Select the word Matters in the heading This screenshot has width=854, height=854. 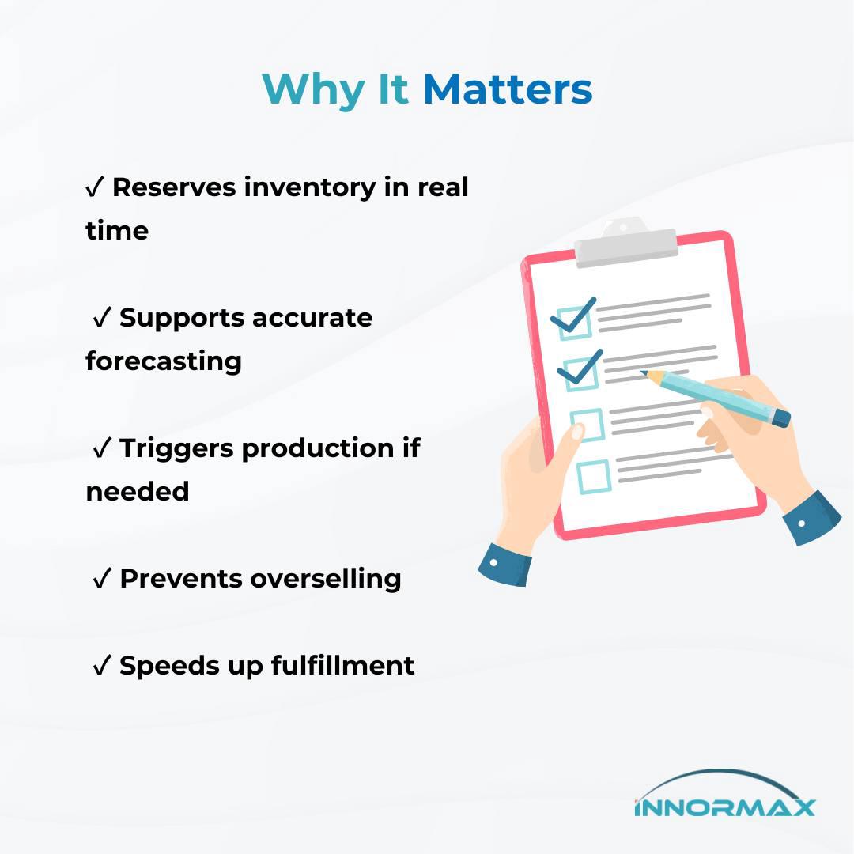pos(508,89)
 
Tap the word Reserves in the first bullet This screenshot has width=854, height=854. pos(174,187)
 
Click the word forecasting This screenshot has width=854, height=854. pos(164,361)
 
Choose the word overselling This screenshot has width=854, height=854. pos(326,578)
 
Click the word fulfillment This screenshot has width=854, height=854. pos(342,665)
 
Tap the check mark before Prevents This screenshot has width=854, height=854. pos(102,578)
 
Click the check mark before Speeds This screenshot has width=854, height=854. pos(102,666)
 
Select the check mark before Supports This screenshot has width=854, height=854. pos(102,318)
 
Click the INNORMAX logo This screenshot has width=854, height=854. pos(724,794)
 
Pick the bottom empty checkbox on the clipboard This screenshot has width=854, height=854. pos(594,477)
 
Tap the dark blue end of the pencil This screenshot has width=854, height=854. pos(781,418)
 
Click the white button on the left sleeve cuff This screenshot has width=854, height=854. pos(493,562)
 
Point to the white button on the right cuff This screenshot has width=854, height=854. pos(801,523)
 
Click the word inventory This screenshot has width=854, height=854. pos(309,188)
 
